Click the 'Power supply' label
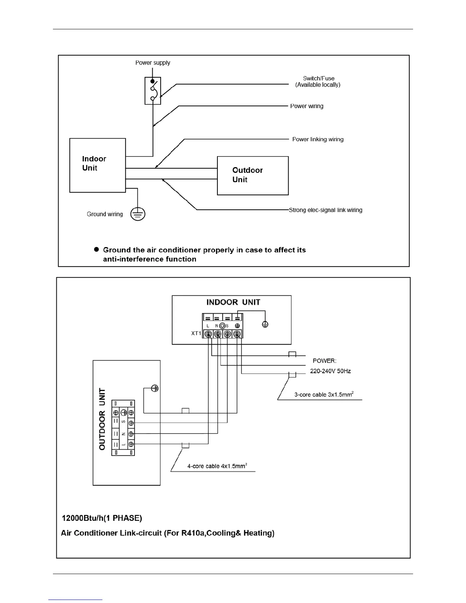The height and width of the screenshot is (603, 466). [x=153, y=63]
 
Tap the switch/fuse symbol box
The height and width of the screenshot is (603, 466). [x=153, y=91]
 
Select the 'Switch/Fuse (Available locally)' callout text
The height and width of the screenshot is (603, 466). [x=318, y=81]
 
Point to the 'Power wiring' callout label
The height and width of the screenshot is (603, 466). [x=306, y=106]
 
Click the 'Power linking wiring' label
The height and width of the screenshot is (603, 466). [x=318, y=139]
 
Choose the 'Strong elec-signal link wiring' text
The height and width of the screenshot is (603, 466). [x=326, y=210]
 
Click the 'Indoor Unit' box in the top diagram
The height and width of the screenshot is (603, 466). [x=97, y=165]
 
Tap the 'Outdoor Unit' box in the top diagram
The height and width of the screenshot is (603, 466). [x=252, y=175]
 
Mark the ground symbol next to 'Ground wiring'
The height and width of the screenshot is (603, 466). [x=138, y=214]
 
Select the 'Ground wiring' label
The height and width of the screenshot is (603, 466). [x=105, y=214]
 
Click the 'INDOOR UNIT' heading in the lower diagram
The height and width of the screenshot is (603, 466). [x=233, y=302]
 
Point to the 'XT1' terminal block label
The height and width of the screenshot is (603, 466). [x=196, y=333]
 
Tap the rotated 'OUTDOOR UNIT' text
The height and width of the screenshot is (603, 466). [x=102, y=419]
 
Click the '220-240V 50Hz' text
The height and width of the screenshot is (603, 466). [x=330, y=371]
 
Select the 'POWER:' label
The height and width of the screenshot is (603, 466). [x=324, y=361]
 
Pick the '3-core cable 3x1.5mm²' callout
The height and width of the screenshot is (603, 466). [x=324, y=394]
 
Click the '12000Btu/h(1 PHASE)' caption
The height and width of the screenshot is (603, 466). [x=102, y=518]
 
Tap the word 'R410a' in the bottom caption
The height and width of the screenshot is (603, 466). [x=194, y=533]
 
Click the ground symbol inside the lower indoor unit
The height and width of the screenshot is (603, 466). [x=265, y=324]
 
